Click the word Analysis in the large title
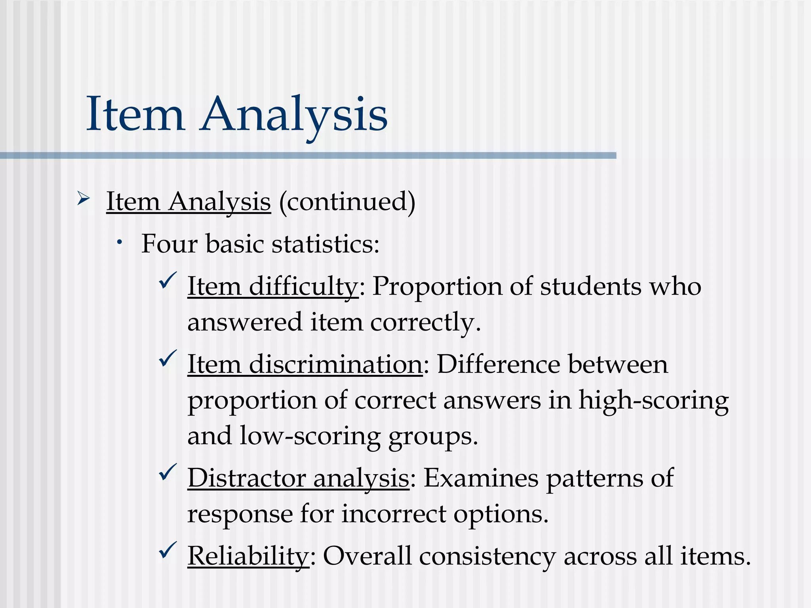(x=294, y=115)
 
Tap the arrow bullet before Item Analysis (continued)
(x=84, y=198)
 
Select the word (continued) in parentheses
(x=347, y=202)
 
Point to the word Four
(x=169, y=244)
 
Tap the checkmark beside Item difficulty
(x=168, y=281)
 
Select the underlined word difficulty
(x=303, y=287)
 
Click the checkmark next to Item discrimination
(x=168, y=358)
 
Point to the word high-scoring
(x=653, y=401)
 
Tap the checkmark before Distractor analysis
(x=168, y=472)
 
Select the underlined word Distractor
(x=246, y=478)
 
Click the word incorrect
(x=394, y=514)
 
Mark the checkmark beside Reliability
(x=168, y=550)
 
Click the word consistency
(x=487, y=557)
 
